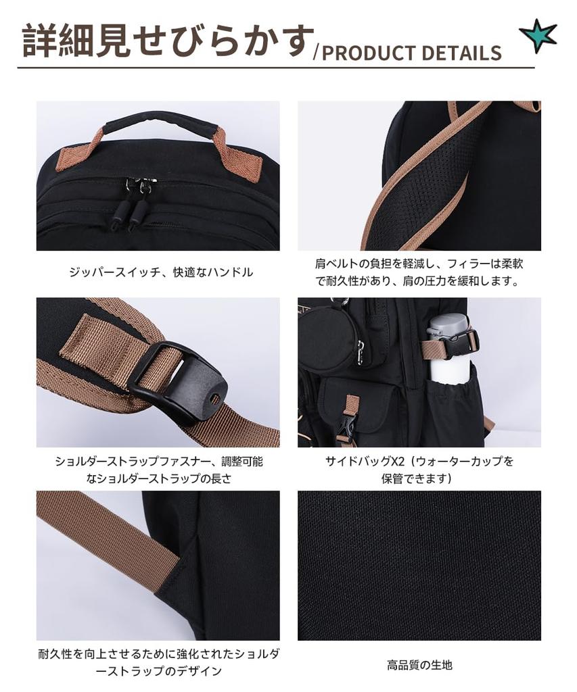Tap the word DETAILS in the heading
[465, 53]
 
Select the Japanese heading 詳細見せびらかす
[168, 41]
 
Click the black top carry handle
[160, 121]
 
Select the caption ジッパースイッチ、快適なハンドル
[161, 272]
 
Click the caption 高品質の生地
[419, 665]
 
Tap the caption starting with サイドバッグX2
[419, 470]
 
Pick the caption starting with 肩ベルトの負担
[419, 272]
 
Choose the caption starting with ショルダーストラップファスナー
[158, 470]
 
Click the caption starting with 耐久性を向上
[158, 662]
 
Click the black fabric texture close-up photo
[419, 565]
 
